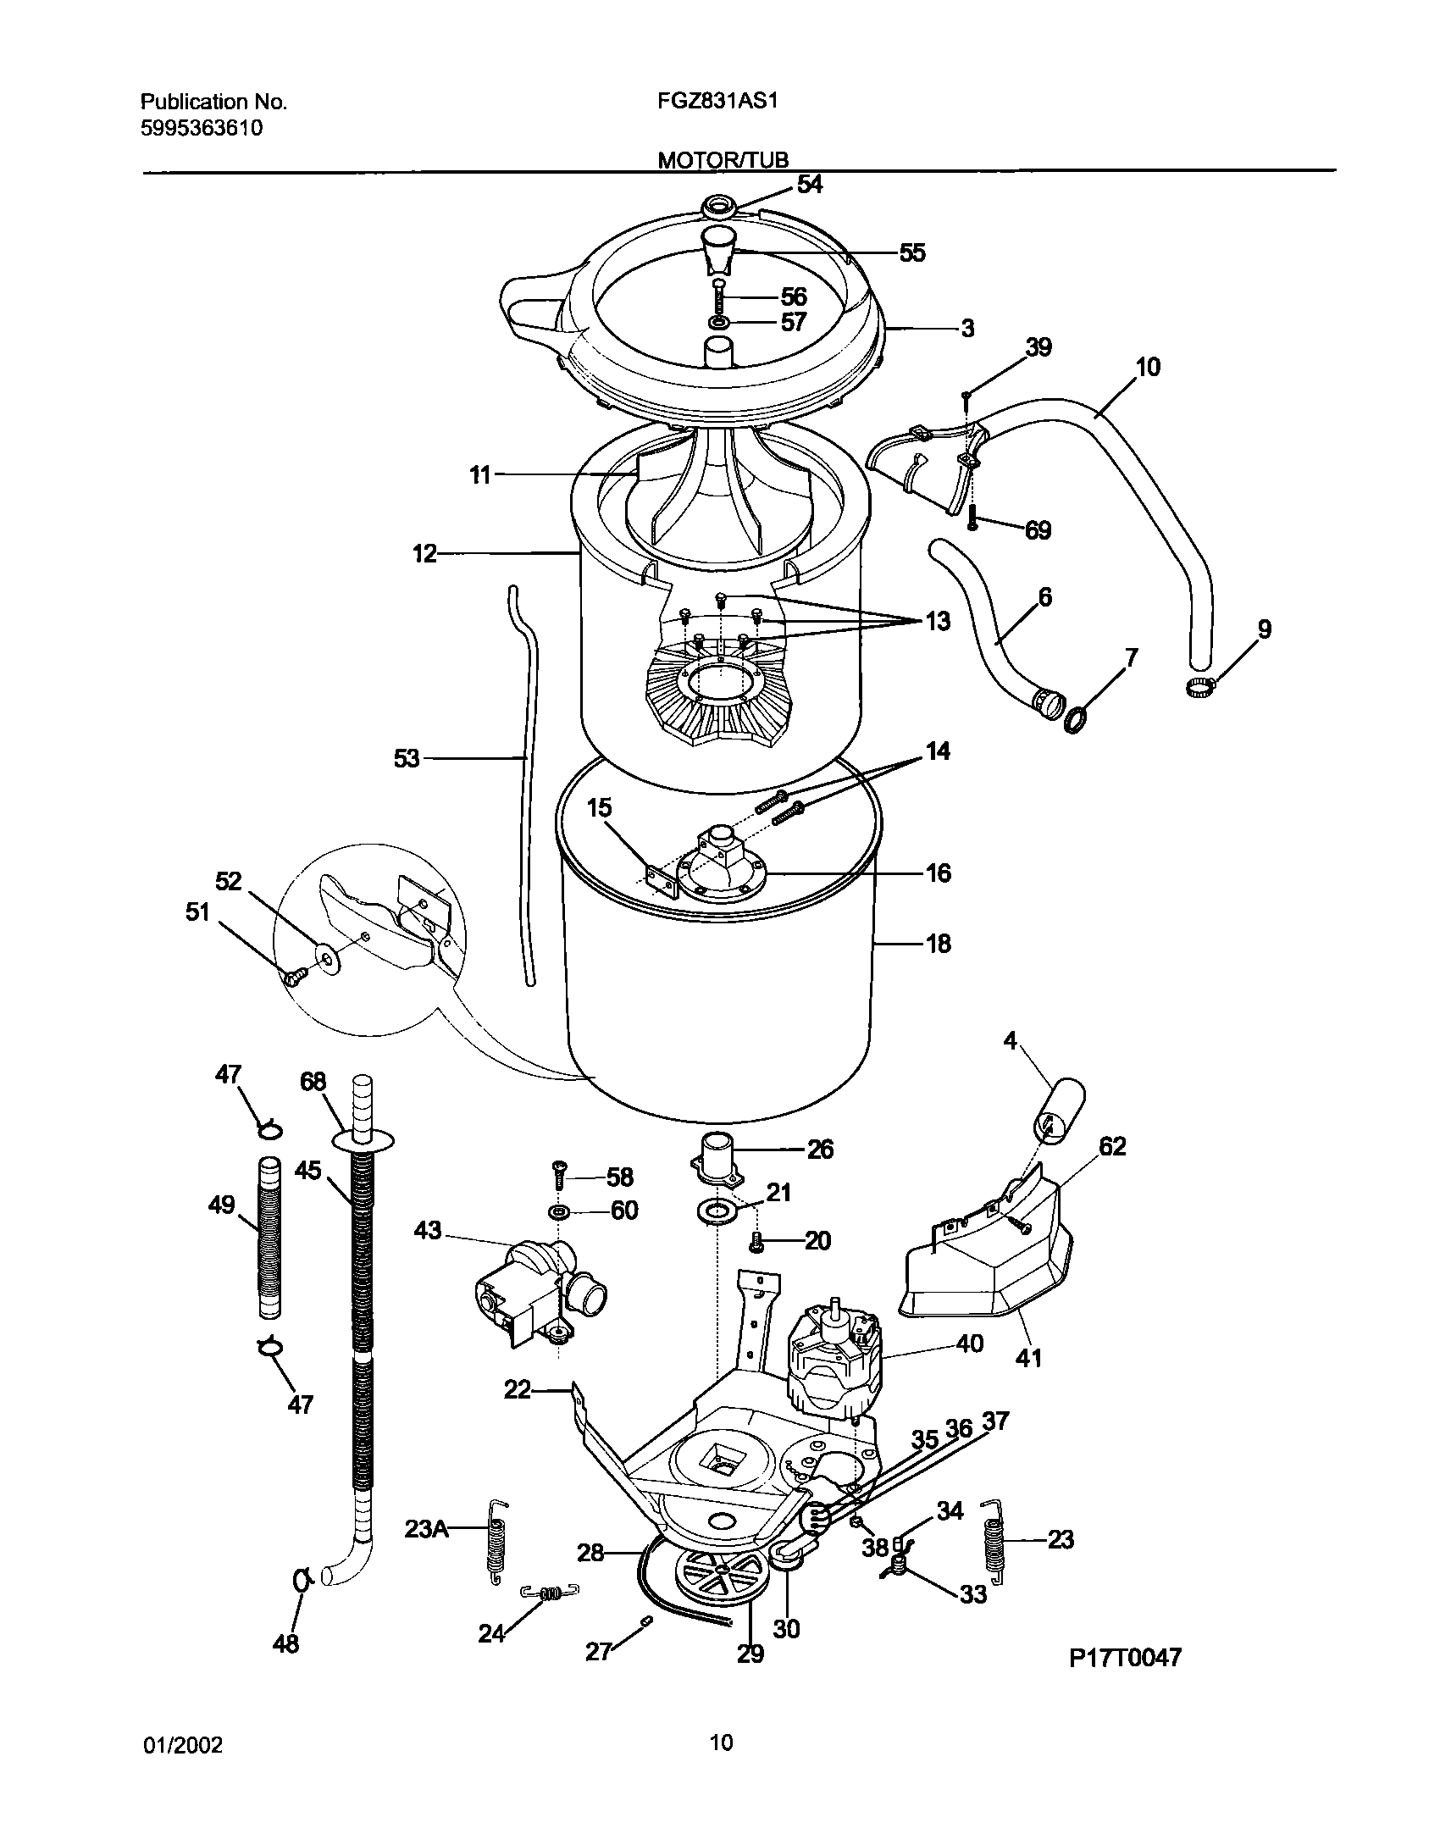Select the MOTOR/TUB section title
pyautogui.click(x=723, y=160)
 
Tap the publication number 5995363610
pyautogui.click(x=201, y=129)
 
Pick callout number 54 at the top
pyautogui.click(x=810, y=184)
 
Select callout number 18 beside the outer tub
pyautogui.click(x=939, y=943)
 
